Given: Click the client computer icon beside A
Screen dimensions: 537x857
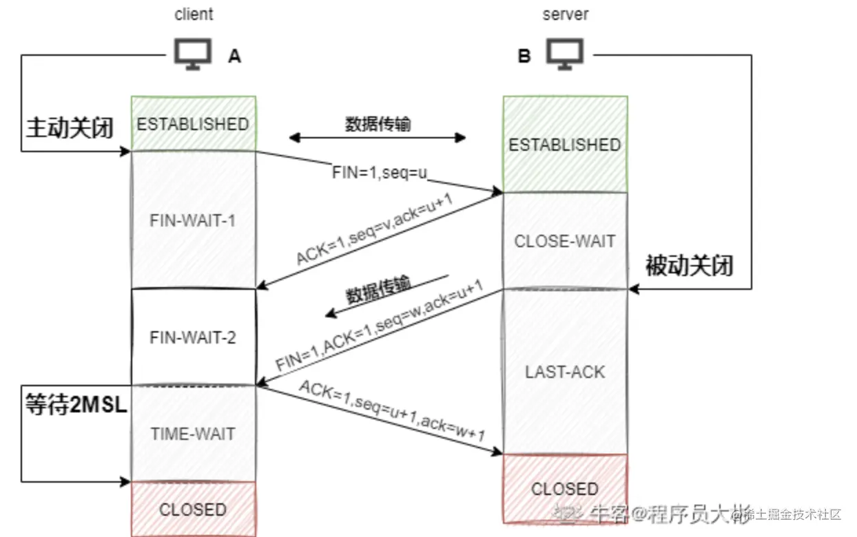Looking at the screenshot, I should point(192,55).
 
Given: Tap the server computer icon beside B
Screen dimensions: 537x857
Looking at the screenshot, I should point(565,54).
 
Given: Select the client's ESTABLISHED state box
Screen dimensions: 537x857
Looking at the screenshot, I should point(193,124).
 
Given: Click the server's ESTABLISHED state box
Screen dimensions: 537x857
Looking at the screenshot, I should point(565,145).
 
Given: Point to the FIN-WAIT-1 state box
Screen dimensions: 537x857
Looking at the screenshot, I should point(193,220).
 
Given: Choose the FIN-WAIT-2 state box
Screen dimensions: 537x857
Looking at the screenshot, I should point(193,338).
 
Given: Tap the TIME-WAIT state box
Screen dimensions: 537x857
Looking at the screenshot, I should point(193,434).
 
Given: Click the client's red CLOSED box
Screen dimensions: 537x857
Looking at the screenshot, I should point(193,509).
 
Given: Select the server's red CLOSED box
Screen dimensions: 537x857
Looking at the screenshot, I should point(565,489).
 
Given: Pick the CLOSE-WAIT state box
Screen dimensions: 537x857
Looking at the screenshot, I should point(565,241).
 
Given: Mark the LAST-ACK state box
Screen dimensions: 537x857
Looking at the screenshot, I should point(565,372).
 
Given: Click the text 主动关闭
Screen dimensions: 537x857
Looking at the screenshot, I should point(70,128).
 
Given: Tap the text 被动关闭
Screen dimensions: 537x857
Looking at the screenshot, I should point(689,266).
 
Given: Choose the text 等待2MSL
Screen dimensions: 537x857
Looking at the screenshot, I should point(76,405).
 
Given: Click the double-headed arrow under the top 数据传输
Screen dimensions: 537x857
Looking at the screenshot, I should point(378,138).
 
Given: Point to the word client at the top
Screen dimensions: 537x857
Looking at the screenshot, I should point(194,14).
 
